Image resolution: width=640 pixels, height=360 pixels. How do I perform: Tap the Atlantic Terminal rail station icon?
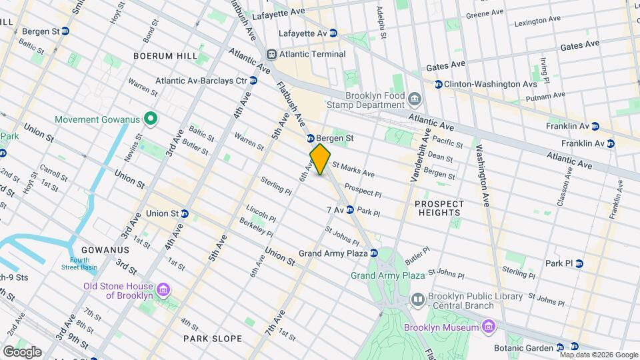(x=271, y=54)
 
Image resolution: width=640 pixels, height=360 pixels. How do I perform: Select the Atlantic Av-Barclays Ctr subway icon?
(x=253, y=81)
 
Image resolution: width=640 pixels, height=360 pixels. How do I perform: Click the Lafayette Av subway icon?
(x=333, y=33)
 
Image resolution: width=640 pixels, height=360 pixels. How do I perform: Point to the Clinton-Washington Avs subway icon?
(x=438, y=84)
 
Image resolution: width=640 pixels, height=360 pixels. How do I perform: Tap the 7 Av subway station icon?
(x=349, y=210)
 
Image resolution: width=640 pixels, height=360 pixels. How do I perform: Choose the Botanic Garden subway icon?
(x=559, y=347)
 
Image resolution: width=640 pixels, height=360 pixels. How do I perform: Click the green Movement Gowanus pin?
(x=151, y=119)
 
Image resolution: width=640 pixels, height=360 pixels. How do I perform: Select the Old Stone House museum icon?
(x=163, y=290)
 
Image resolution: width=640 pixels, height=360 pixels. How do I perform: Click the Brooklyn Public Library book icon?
(x=418, y=299)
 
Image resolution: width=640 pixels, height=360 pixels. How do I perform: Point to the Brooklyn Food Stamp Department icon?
(x=415, y=100)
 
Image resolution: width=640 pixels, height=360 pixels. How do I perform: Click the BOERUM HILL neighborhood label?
(x=166, y=56)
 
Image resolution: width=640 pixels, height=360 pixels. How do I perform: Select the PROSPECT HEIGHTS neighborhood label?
(x=438, y=208)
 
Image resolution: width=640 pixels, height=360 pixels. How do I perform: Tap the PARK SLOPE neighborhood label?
(x=213, y=339)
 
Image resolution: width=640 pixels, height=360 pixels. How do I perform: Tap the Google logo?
(x=21, y=351)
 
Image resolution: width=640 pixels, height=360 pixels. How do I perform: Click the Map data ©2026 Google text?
(x=598, y=355)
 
